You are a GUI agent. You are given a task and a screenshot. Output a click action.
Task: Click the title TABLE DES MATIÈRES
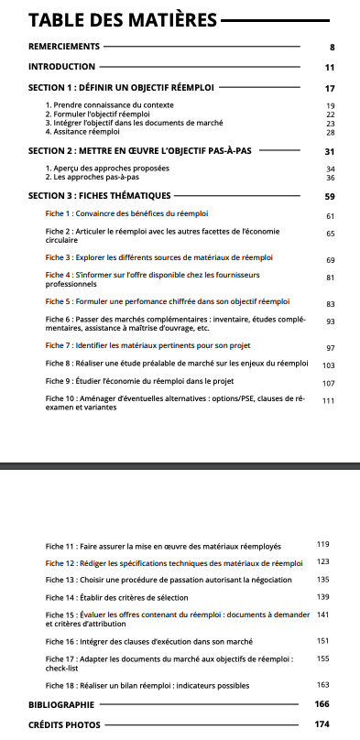123,19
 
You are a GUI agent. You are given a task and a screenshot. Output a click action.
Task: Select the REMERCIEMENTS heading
63,45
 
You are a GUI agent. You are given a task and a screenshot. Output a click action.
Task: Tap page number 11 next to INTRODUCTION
330,67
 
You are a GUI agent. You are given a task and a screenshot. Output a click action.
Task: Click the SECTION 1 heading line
121,89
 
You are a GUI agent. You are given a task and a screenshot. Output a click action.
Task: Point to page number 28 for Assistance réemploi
331,132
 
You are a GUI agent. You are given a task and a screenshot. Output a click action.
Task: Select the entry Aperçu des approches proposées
107,169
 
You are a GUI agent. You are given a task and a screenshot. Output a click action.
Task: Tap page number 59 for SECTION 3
330,196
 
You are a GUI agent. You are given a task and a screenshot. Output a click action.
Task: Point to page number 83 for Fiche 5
331,303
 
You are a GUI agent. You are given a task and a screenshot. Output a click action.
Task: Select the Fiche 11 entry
162,545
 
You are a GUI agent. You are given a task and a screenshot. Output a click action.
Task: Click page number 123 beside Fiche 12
322,561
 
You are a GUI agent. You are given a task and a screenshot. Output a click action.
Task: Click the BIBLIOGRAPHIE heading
61,704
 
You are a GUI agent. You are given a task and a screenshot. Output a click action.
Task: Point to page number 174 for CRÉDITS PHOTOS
321,724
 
